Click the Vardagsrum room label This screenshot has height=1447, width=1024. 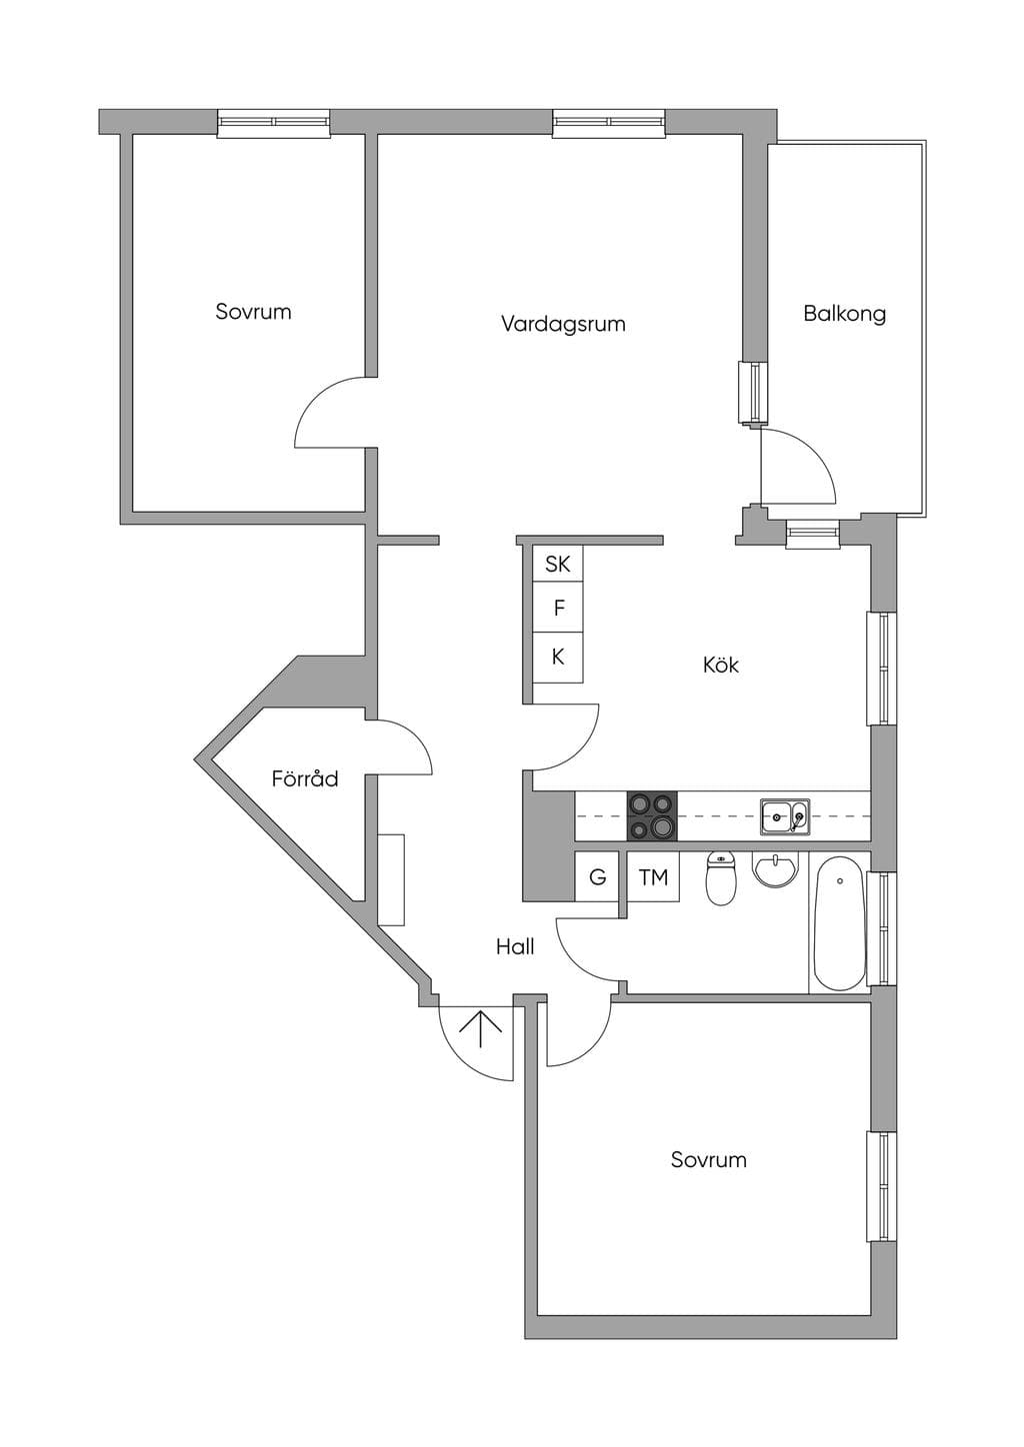[563, 324]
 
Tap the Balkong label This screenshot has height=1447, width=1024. [844, 314]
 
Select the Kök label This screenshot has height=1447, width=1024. [721, 665]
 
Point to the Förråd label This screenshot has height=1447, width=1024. [304, 778]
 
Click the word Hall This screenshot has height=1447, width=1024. [515, 947]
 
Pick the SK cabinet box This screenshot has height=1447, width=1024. [557, 564]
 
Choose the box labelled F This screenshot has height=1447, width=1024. [557, 608]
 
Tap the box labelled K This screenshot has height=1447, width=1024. [557, 658]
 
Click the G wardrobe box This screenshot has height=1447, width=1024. [597, 876]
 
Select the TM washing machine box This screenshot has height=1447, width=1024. [653, 876]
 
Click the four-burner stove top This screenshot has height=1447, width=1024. [652, 815]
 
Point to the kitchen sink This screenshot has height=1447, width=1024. [785, 815]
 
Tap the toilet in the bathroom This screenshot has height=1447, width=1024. [720, 878]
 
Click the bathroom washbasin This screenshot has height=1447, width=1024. [776, 868]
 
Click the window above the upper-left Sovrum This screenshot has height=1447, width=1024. [273, 123]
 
